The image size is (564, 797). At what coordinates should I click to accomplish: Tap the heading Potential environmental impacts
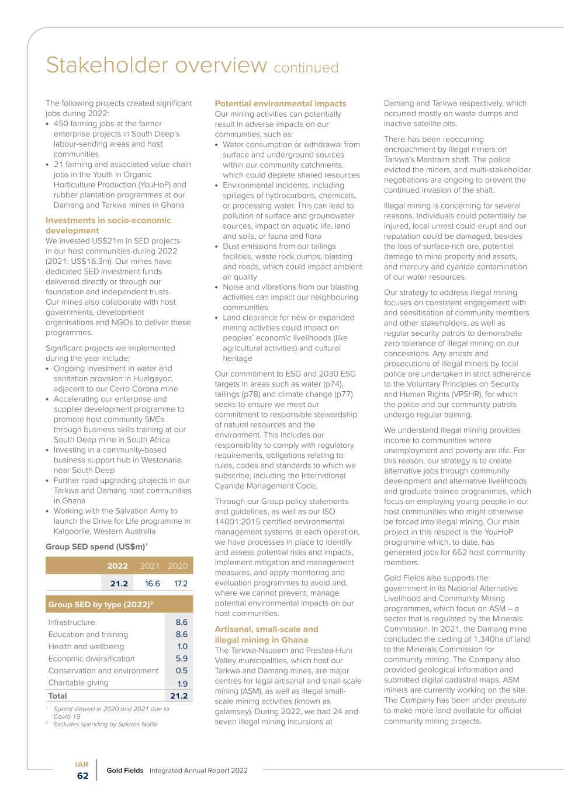point(281,103)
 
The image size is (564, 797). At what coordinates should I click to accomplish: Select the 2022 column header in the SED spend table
point(117,566)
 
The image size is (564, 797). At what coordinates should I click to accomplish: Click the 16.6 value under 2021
point(152,583)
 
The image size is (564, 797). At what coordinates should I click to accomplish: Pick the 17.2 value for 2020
point(178,583)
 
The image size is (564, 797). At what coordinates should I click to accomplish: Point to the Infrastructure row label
point(71,622)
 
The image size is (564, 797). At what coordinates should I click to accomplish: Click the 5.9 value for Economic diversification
point(182,659)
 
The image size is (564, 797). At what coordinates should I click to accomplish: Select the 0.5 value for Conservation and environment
point(182,671)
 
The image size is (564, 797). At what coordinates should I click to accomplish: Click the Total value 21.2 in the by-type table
point(179,696)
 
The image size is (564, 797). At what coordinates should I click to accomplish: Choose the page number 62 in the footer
point(83,776)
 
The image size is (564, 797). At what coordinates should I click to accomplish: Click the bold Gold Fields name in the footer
point(125,771)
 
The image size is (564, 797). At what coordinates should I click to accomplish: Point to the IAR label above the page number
point(82,764)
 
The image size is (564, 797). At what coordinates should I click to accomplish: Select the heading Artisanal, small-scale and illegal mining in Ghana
point(267,634)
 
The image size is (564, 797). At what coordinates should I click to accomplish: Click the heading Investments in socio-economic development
point(108,225)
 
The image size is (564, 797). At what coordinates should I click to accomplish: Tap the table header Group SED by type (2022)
point(101,604)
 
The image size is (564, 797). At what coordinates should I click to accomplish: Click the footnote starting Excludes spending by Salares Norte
point(105,724)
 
